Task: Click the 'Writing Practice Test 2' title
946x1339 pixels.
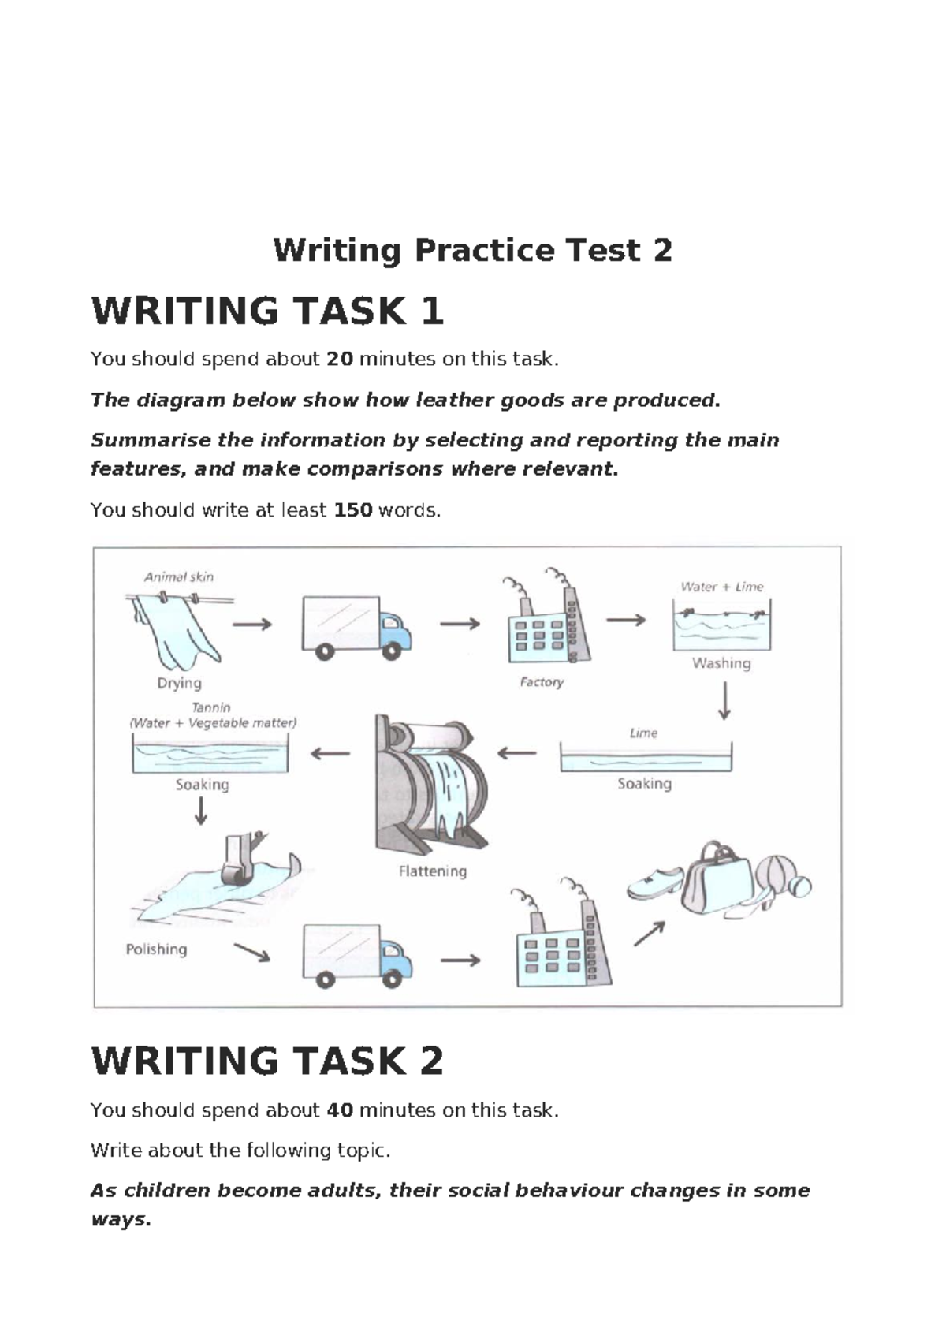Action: (472, 251)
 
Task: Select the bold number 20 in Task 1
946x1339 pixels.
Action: (340, 360)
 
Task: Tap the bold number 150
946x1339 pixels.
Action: (352, 510)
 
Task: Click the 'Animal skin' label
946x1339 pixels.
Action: (178, 576)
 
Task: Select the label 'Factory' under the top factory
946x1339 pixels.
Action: (542, 682)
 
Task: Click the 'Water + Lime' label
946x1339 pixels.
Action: (721, 587)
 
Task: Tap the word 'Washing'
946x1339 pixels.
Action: (721, 663)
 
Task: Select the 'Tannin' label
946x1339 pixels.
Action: (211, 707)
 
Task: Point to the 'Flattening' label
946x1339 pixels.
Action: (432, 871)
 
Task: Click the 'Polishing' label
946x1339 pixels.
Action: (156, 949)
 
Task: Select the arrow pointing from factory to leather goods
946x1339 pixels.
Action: (650, 934)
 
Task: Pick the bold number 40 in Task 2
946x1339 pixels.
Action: (340, 1110)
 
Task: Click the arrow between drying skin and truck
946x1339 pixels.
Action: (251, 624)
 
